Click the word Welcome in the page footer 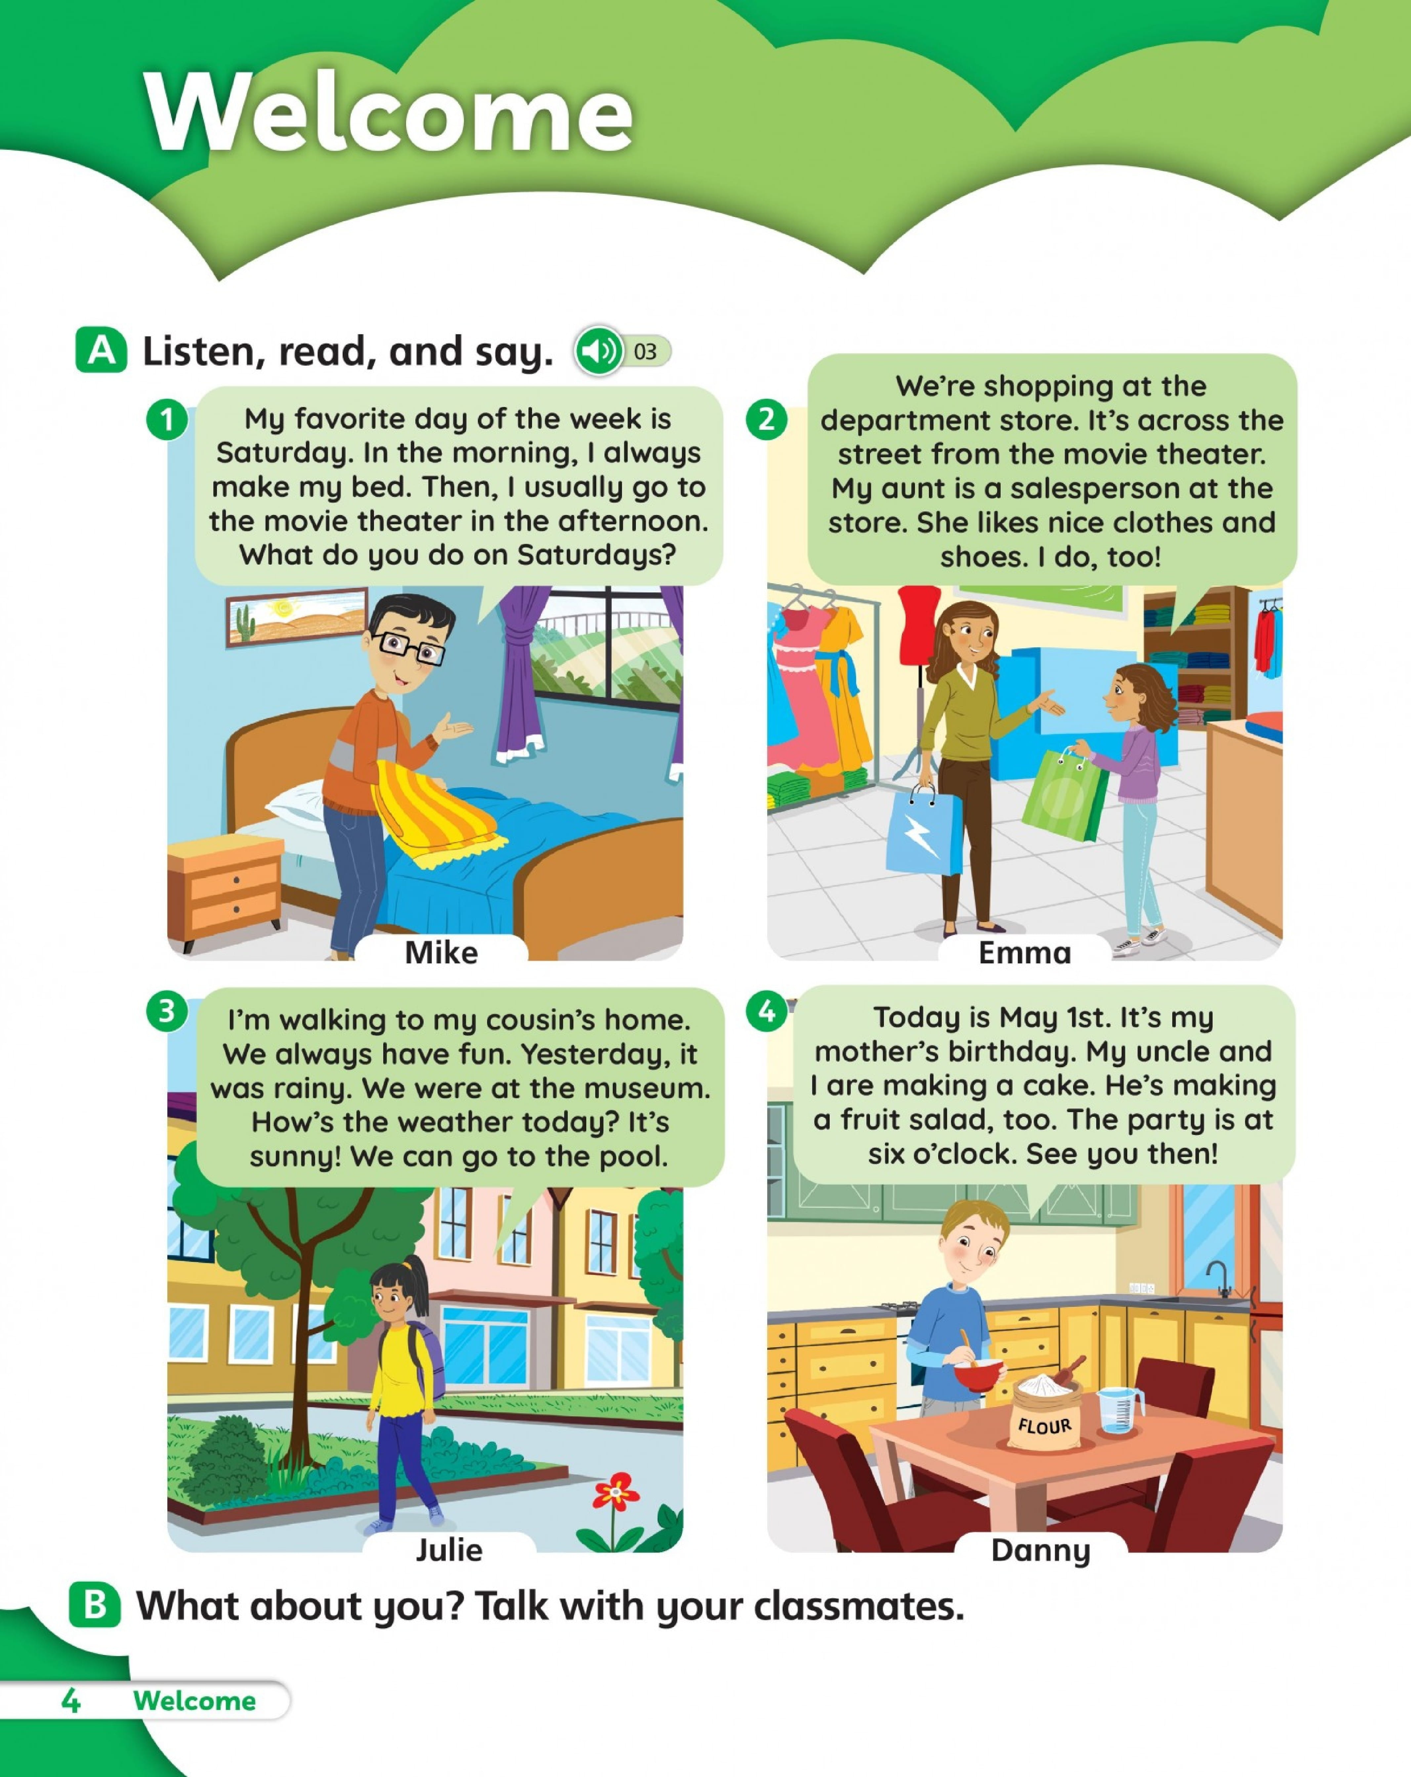tap(194, 1700)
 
